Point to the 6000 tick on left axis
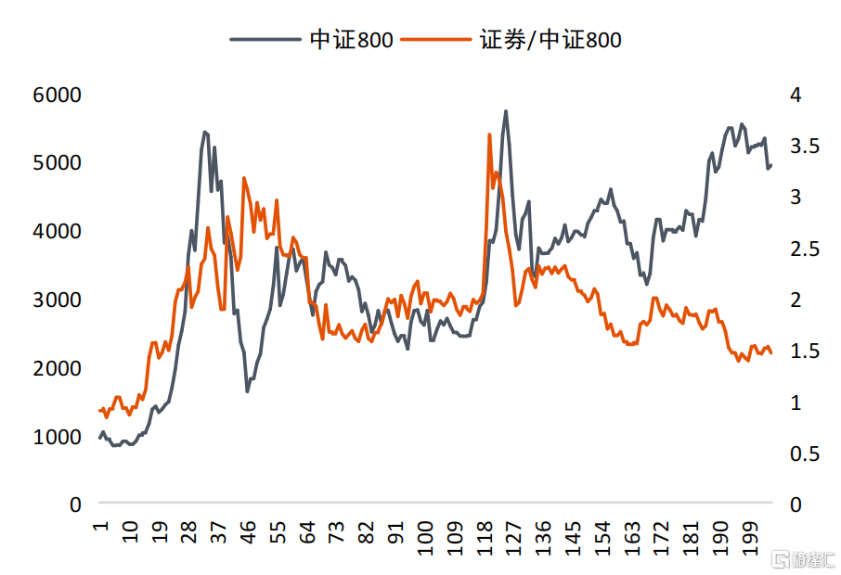click(58, 95)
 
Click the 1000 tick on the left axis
click(58, 437)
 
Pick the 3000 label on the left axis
click(58, 300)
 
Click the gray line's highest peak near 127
click(506, 111)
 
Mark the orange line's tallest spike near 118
click(489, 134)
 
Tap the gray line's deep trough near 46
click(247, 391)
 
